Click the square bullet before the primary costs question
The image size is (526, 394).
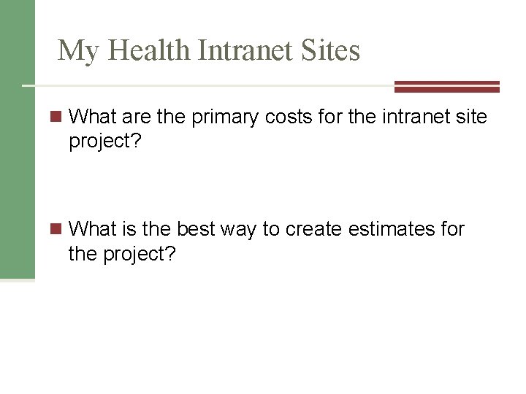coord(57,116)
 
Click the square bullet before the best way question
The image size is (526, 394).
coord(57,230)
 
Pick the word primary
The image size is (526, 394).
coord(224,116)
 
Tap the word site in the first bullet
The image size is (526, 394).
coord(472,116)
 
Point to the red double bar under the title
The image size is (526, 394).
coord(446,87)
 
